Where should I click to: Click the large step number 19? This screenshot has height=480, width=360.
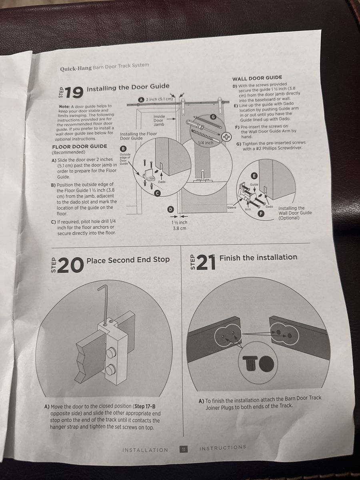coord(74,92)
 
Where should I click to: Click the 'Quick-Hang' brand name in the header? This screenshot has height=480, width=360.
coord(76,68)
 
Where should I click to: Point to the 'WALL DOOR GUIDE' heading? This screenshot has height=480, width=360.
coord(257,78)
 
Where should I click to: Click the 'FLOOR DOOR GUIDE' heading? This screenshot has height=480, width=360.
coord(80,146)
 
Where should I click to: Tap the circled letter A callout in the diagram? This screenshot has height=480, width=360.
coord(142,100)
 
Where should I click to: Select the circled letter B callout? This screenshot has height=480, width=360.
coord(123,149)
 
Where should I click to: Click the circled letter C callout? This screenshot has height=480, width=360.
coord(157,193)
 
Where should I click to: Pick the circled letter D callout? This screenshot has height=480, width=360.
coord(170,209)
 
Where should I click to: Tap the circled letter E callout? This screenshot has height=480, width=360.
coord(254,176)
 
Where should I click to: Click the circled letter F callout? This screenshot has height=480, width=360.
coord(261,213)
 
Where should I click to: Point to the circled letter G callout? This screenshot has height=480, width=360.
coord(212,117)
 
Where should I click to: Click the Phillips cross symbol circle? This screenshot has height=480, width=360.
coord(227,137)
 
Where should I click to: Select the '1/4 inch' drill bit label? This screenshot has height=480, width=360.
coord(206,143)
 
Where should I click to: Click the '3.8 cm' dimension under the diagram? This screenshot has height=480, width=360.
coord(180,228)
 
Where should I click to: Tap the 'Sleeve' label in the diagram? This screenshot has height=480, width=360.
coord(232,208)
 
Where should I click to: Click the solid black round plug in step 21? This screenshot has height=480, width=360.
coord(267,363)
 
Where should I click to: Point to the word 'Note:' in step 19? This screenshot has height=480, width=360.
coord(64,107)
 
